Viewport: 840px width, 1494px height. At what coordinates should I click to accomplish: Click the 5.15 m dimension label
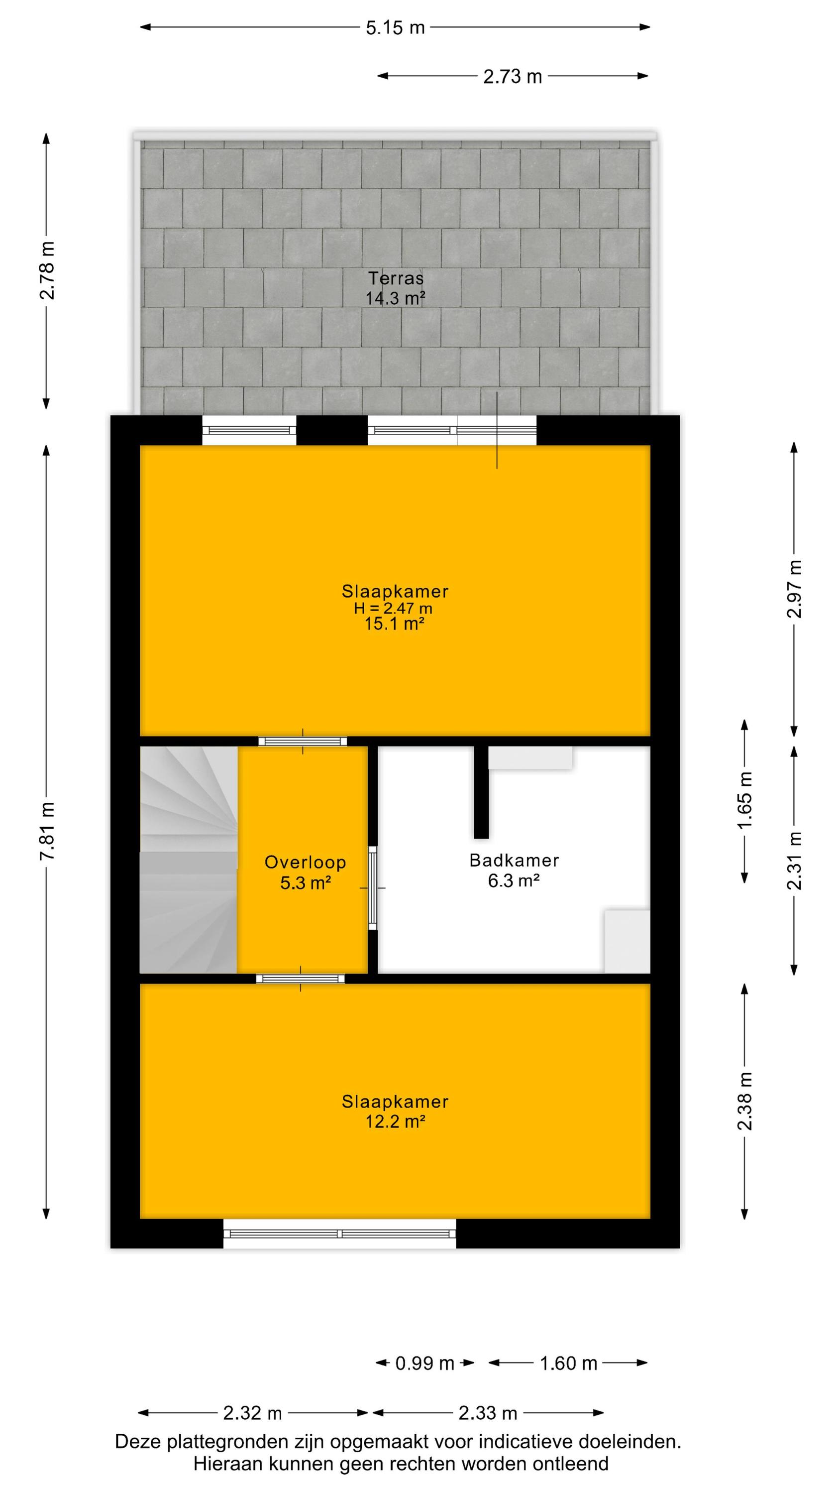click(x=395, y=27)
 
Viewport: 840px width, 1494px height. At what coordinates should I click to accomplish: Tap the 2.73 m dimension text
click(x=513, y=76)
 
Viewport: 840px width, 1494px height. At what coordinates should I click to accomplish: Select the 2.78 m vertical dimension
click(x=47, y=270)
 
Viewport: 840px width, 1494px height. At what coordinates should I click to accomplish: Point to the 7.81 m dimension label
click(x=47, y=831)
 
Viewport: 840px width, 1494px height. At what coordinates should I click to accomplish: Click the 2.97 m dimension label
click(x=794, y=589)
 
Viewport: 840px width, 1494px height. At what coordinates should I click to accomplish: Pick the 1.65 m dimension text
click(x=745, y=801)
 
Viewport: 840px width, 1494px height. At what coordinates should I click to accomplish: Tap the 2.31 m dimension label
click(x=794, y=861)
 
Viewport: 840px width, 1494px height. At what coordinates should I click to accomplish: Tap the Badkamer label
click(x=514, y=860)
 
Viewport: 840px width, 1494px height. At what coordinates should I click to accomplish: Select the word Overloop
click(x=306, y=863)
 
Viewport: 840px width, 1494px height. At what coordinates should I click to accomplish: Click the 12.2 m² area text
click(x=395, y=1121)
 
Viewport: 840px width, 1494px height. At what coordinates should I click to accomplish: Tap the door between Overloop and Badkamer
click(x=373, y=888)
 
